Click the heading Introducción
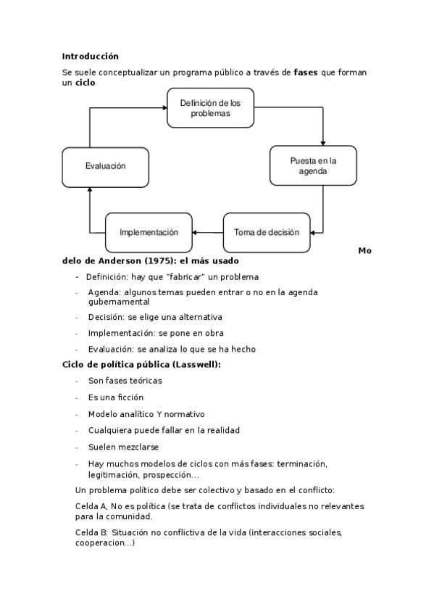[90, 56]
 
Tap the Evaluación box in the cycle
[105, 166]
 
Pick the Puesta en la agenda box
[313, 166]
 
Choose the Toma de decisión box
[266, 233]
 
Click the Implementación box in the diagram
[149, 233]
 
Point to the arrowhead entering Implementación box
[196, 233]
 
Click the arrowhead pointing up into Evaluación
[90, 191]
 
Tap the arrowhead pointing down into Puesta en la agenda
[322, 142]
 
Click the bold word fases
[305, 73]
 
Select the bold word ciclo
[85, 83]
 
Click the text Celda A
[91, 506]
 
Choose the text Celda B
[91, 532]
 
